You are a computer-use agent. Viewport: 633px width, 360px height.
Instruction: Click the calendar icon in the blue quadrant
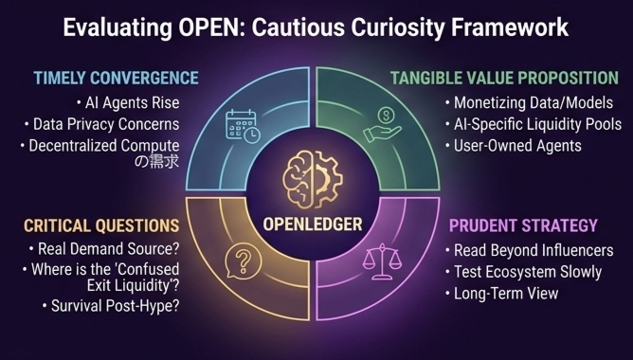pyautogui.click(x=243, y=126)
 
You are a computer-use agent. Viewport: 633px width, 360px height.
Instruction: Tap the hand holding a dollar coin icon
pyautogui.click(x=382, y=126)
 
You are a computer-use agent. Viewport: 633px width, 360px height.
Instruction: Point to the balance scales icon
pyautogui.click(x=382, y=261)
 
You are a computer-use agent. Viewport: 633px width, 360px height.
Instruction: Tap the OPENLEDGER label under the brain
pyautogui.click(x=313, y=225)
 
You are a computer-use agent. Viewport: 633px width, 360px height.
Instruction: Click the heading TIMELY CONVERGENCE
pyautogui.click(x=116, y=78)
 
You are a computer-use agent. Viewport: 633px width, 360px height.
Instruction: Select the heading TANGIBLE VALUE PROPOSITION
pyautogui.click(x=504, y=78)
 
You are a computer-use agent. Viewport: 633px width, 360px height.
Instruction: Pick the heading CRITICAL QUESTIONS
pyautogui.click(x=101, y=225)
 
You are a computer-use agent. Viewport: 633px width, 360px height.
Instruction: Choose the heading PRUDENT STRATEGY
pyautogui.click(x=523, y=225)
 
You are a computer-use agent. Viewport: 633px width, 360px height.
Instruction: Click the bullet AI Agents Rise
pyautogui.click(x=128, y=103)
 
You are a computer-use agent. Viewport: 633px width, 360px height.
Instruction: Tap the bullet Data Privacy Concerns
pyautogui.click(x=101, y=124)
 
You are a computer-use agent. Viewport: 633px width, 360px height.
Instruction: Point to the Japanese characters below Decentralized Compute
pyautogui.click(x=156, y=161)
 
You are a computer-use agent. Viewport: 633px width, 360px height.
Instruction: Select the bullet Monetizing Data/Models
pyautogui.click(x=529, y=103)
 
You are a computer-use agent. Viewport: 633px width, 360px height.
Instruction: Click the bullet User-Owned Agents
pyautogui.click(x=513, y=146)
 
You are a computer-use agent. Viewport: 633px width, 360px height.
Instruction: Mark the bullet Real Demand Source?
pyautogui.click(x=103, y=249)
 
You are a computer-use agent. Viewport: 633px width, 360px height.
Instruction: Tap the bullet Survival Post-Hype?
pyautogui.click(x=111, y=306)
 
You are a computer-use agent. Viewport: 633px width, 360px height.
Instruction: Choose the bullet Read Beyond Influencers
pyautogui.click(x=529, y=251)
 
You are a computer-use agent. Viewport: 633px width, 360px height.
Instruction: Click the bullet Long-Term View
pyautogui.click(x=501, y=294)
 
